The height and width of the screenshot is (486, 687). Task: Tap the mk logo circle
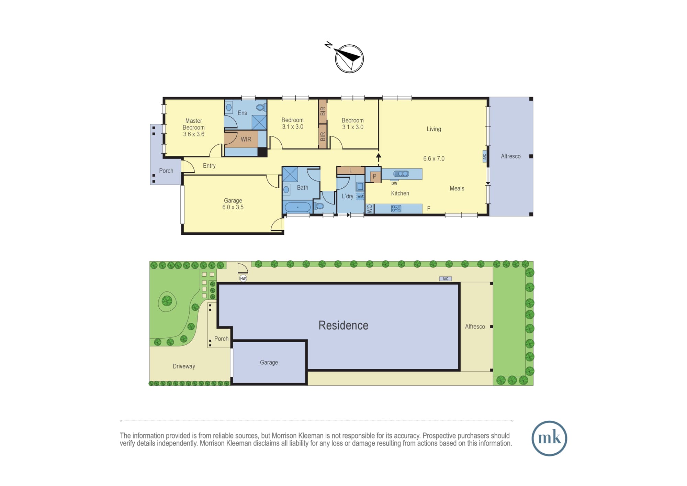pos(549,438)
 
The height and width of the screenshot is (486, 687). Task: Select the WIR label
pos(246,139)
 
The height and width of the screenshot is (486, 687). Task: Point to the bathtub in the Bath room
pos(298,207)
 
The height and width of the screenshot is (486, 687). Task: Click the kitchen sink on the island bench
pos(401,174)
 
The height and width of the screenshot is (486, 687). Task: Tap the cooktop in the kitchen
pos(396,208)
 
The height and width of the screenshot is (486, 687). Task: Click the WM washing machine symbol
pos(360,196)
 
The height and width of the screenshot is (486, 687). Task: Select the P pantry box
pos(375,176)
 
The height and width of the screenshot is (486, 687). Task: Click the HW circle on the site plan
pos(243,278)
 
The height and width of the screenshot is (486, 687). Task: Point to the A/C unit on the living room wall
pos(485,156)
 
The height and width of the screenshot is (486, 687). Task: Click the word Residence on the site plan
pos(343,325)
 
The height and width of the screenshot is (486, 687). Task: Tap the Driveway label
pos(184,366)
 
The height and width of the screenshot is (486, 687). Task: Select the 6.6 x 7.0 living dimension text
pos(434,158)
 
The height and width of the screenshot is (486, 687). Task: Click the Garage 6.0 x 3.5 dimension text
pos(233,207)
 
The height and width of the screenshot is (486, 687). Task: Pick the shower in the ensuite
pos(259,122)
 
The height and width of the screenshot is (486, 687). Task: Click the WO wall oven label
pos(370,209)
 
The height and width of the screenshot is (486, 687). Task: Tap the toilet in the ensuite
pos(261,108)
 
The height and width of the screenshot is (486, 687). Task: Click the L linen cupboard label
pos(351,170)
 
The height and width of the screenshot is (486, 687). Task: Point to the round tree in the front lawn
pos(167,301)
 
